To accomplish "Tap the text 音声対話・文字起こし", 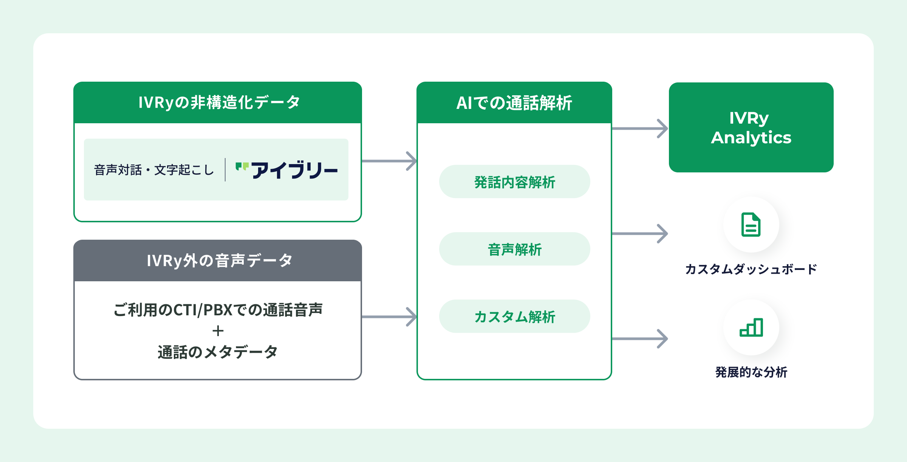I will [x=154, y=170].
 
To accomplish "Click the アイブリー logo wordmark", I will [x=294, y=170].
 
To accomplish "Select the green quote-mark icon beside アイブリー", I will [x=242, y=166].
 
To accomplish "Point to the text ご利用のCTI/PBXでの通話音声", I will [x=218, y=310].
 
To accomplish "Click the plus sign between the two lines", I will [x=218, y=331].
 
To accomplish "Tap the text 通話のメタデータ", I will [x=218, y=352].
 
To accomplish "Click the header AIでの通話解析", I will [x=514, y=103].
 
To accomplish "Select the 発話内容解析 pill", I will [x=514, y=182].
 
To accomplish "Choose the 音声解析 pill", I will [x=514, y=249].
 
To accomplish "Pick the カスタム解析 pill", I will [x=514, y=316].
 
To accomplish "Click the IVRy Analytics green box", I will [x=751, y=128].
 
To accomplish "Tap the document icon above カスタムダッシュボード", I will [x=751, y=225].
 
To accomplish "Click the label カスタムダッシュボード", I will [x=751, y=269].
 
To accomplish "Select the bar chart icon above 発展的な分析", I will [x=751, y=327].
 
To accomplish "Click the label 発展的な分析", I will [x=751, y=372].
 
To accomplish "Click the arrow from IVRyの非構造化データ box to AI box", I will [x=389, y=161].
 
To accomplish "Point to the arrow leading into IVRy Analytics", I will [x=640, y=129].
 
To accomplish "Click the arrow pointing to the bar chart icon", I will [x=640, y=339].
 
